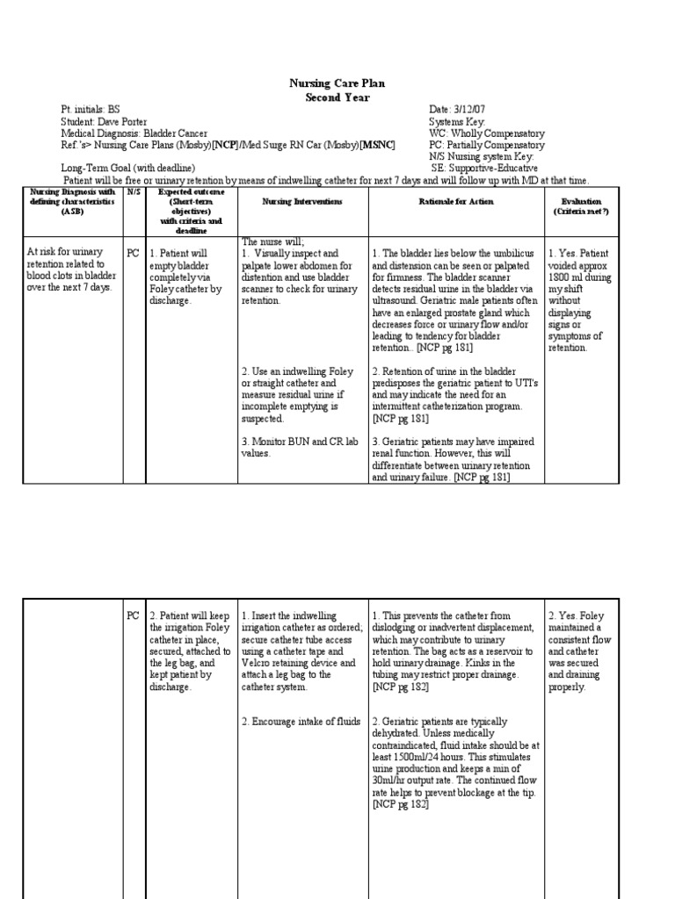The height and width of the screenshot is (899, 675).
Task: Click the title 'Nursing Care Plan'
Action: tap(337, 83)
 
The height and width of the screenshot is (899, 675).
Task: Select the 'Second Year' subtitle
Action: tap(337, 97)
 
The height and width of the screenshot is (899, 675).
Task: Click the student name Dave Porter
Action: tap(122, 121)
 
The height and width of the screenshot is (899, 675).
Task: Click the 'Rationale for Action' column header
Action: tap(457, 202)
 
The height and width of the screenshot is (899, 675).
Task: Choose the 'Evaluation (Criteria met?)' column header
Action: tap(581, 207)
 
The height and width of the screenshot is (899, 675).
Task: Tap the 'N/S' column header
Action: tap(133, 191)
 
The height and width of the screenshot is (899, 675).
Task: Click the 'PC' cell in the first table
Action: tap(133, 253)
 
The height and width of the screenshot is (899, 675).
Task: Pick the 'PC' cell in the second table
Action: tap(133, 616)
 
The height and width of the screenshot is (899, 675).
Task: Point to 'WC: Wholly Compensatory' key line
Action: tap(485, 133)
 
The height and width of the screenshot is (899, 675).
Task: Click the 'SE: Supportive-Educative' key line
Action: tap(485, 168)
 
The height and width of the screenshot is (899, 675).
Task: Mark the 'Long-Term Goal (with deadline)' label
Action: tap(128, 168)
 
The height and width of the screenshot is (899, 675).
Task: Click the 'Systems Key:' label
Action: tap(456, 121)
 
